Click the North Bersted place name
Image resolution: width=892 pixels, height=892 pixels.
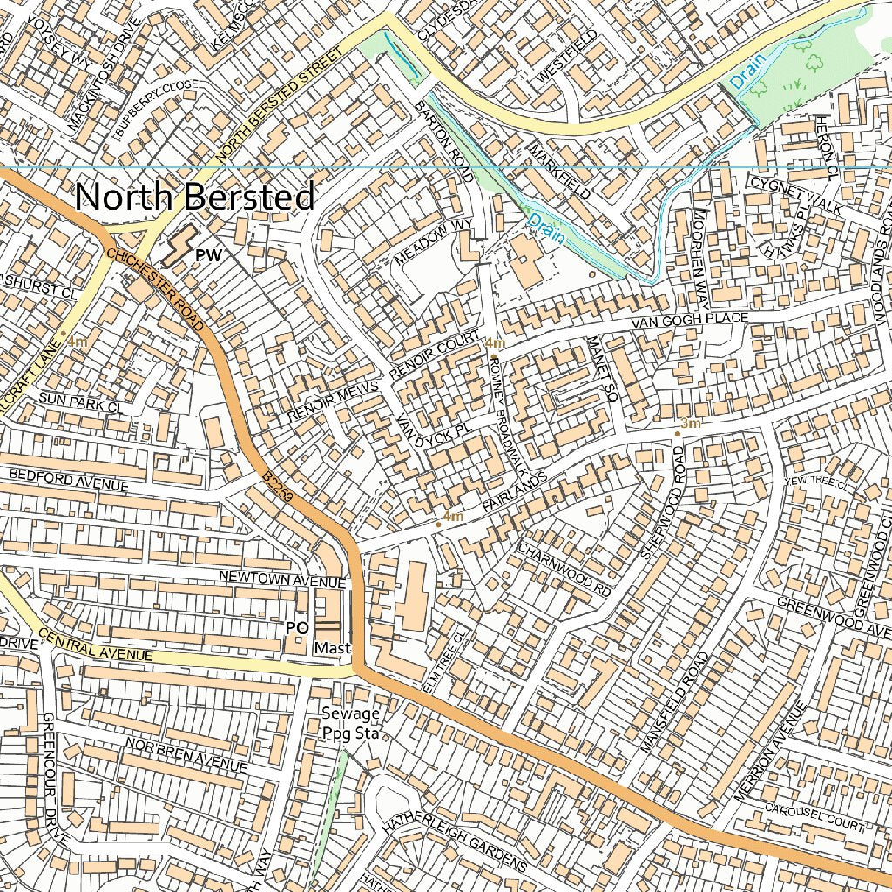coord(194,198)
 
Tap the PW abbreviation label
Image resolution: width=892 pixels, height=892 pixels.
coord(210,254)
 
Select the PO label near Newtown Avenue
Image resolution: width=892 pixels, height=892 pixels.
coord(296,626)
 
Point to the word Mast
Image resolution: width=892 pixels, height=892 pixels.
coord(332,648)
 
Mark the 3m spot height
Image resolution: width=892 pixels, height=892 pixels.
coord(689,423)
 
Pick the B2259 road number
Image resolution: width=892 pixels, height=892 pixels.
coord(276,489)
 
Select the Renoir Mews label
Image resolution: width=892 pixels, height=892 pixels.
coord(334,402)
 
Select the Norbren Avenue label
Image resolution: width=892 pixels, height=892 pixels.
coord(186,755)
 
